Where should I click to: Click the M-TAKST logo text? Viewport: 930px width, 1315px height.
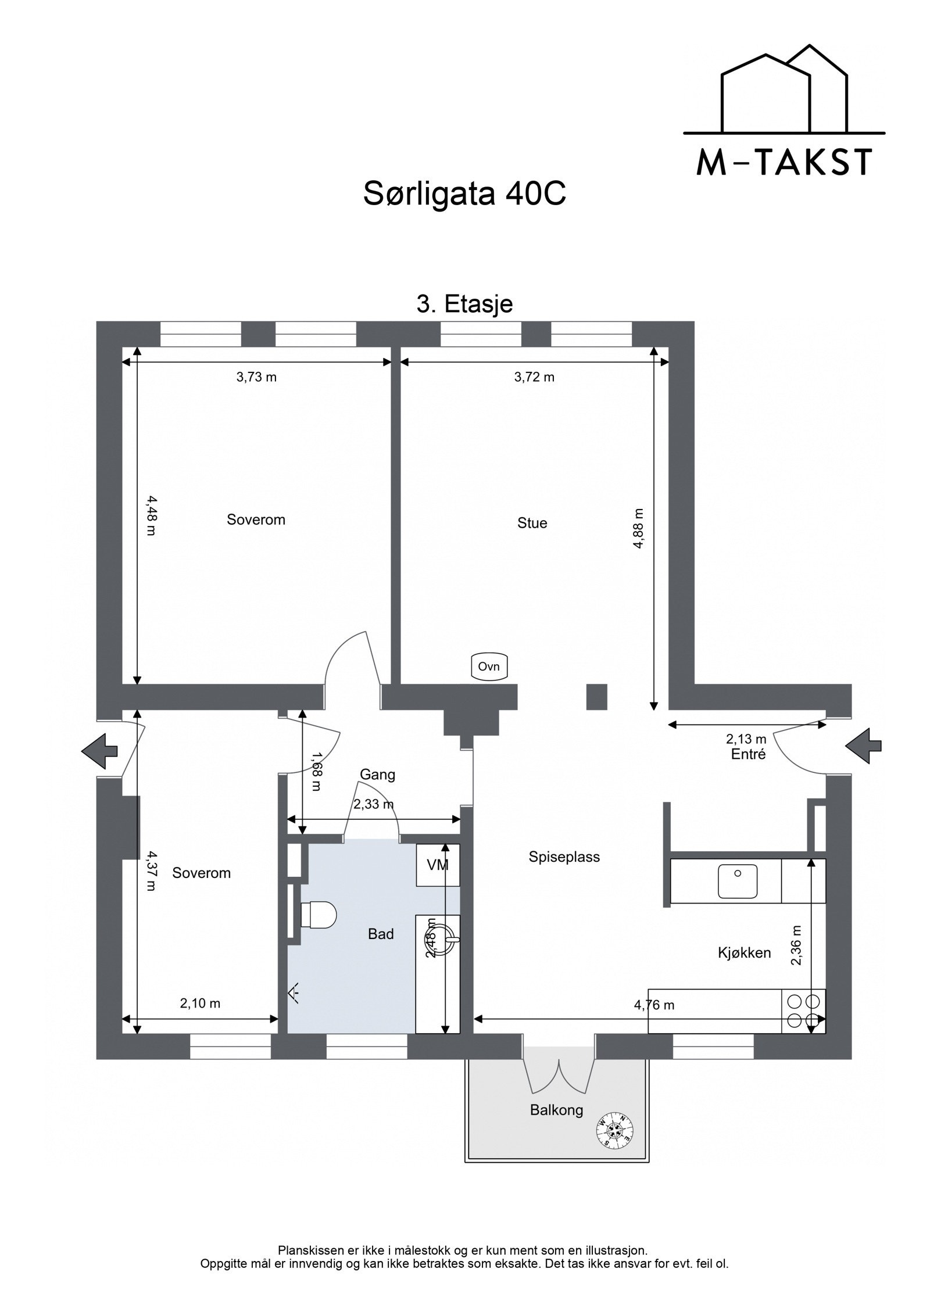click(x=784, y=162)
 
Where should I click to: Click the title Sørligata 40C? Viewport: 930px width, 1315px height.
click(x=464, y=194)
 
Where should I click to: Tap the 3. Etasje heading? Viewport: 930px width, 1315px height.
click(x=464, y=304)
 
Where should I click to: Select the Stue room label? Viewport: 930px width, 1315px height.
click(x=532, y=523)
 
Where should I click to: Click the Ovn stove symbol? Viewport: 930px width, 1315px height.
click(x=489, y=667)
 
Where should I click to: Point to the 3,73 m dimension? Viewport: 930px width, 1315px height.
click(x=256, y=377)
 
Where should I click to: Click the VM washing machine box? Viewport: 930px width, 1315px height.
click(x=438, y=865)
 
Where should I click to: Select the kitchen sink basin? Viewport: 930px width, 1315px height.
click(x=737, y=880)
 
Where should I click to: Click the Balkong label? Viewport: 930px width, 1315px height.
click(x=556, y=1110)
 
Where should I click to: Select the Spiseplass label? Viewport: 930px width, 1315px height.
click(x=564, y=857)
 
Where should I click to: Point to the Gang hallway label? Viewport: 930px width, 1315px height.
click(x=377, y=774)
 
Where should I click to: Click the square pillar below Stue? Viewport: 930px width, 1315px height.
click(x=596, y=697)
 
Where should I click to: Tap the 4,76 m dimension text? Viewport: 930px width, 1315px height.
click(x=654, y=1005)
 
